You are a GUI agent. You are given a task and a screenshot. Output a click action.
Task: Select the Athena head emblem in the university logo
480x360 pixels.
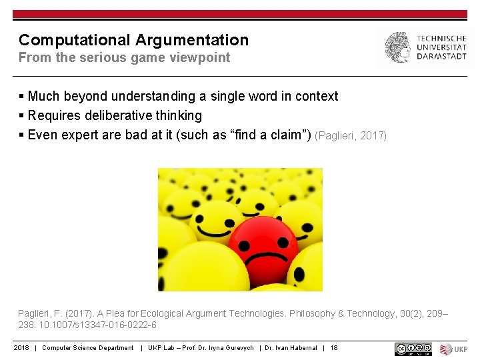397,47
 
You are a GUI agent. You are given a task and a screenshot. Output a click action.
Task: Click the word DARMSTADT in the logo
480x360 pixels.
441,57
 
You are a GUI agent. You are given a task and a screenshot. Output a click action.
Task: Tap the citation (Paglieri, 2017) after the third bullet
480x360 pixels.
351,136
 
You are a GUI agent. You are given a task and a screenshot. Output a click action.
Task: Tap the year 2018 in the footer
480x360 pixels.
21,348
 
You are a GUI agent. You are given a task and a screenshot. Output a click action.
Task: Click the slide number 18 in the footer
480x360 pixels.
334,348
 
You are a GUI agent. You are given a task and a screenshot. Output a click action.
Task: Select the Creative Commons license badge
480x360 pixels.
413,349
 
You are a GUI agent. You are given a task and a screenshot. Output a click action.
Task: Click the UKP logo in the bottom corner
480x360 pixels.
454,349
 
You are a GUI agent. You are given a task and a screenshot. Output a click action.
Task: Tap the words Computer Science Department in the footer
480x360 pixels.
88,348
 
